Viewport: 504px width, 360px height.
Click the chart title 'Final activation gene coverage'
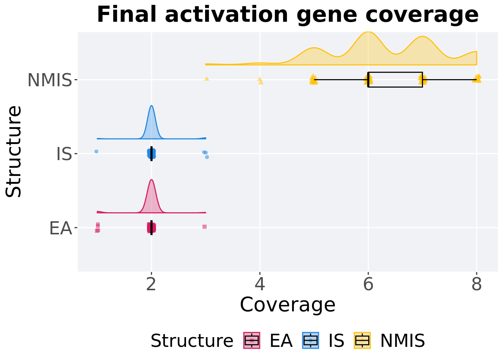coord(288,15)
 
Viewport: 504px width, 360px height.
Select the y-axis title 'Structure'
coord(13,151)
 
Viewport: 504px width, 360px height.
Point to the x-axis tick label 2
coord(151,284)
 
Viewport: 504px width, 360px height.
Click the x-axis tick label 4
coord(260,284)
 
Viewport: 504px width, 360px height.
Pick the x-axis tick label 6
coord(368,284)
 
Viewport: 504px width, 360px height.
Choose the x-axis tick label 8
coord(477,284)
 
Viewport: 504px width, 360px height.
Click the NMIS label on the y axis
coord(50,80)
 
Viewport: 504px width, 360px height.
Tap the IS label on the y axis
coord(64,154)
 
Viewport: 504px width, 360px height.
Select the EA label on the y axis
coord(60,228)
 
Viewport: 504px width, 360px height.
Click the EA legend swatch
coord(252,340)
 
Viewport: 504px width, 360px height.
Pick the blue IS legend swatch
coord(310,340)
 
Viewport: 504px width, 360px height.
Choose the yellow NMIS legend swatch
coord(362,340)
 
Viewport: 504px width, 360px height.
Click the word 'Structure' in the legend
coord(192,341)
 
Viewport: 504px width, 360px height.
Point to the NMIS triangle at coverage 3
coord(207,79)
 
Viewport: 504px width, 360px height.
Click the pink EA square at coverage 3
coord(204,226)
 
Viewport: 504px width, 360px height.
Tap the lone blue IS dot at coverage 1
coord(96,151)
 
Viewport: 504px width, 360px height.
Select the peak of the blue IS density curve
coord(151,105)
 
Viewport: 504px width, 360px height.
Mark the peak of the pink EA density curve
coord(151,180)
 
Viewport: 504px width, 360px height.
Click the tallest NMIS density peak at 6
coord(368,32)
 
